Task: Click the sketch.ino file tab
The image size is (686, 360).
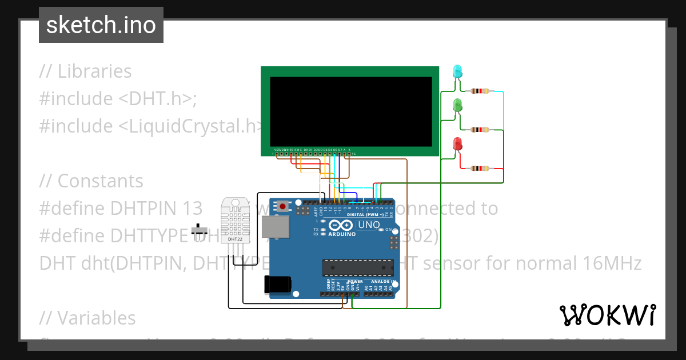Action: point(101,25)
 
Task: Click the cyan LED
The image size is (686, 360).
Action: point(457,71)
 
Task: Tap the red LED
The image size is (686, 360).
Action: point(457,144)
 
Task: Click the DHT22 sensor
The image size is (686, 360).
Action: point(235,220)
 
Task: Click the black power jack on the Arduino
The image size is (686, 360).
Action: point(278,284)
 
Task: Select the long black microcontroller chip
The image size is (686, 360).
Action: point(358,267)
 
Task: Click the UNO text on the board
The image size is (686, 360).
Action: point(369,225)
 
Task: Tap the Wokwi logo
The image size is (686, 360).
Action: point(607,315)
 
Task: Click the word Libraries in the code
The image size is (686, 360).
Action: point(94,71)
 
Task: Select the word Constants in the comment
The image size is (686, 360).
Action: point(100,181)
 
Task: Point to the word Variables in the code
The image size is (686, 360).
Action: point(96,318)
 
